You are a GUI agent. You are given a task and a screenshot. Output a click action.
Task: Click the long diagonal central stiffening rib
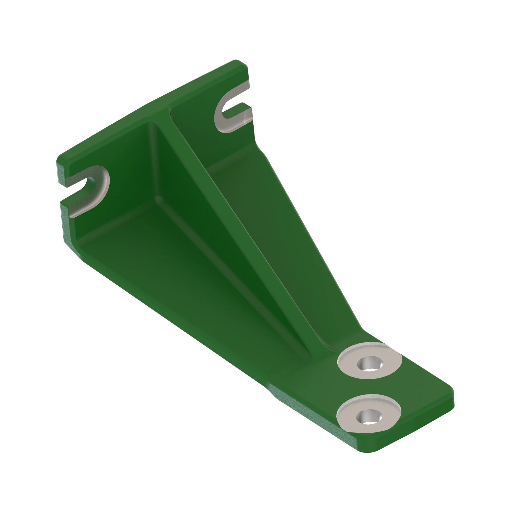tap(238, 225)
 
